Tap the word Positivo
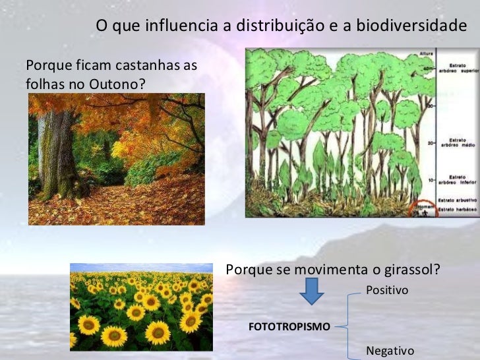click(387, 290)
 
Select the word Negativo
click(390, 351)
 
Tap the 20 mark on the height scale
click(431, 143)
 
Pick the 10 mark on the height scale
click(431, 180)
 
